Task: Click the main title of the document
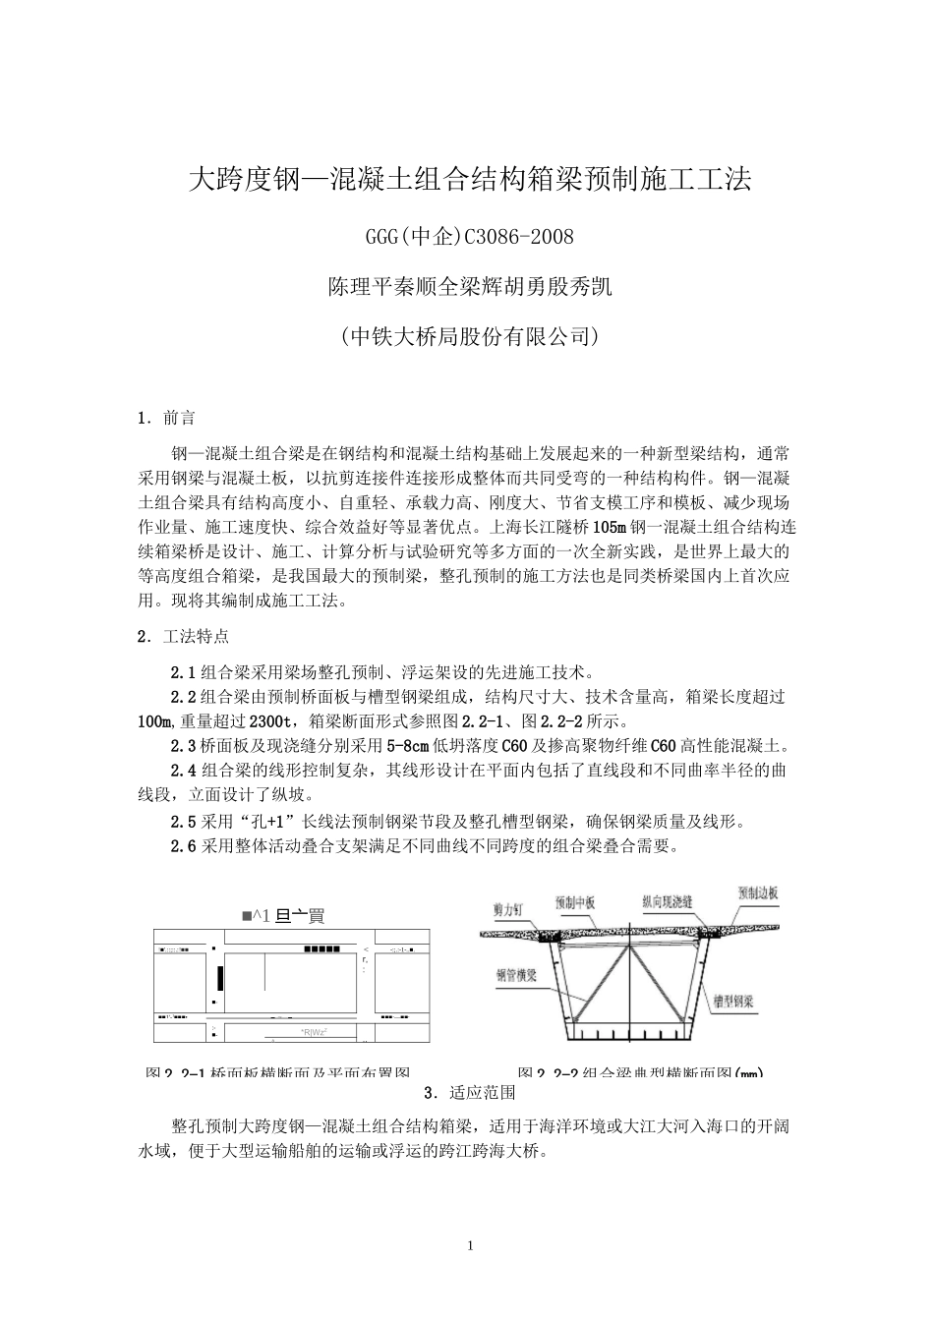(x=469, y=180)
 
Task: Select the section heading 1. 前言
(x=166, y=419)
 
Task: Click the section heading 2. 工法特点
(x=183, y=636)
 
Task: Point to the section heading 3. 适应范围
(x=469, y=1092)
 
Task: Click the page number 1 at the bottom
(x=469, y=1246)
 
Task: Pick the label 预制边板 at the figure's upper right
(x=758, y=893)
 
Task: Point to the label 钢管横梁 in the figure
(x=514, y=979)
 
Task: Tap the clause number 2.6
(x=183, y=845)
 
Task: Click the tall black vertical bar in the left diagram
(x=220, y=977)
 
